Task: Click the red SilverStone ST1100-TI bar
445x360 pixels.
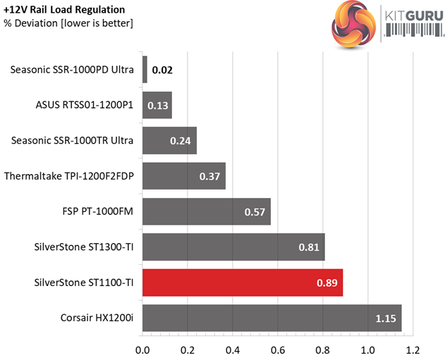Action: coord(243,283)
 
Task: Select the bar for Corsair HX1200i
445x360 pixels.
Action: coord(272,318)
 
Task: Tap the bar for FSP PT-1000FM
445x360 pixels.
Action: coord(207,211)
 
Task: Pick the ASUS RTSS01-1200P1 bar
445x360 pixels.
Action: coord(157,105)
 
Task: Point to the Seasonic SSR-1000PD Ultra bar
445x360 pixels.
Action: coord(145,70)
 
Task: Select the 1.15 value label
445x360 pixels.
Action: coord(385,318)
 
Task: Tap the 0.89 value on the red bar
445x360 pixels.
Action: coord(328,283)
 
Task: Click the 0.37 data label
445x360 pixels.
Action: coord(210,177)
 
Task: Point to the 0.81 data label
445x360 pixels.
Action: coord(310,247)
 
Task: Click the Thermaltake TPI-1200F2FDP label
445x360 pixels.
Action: coord(69,176)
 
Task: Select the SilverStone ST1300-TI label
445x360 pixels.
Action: coord(84,247)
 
